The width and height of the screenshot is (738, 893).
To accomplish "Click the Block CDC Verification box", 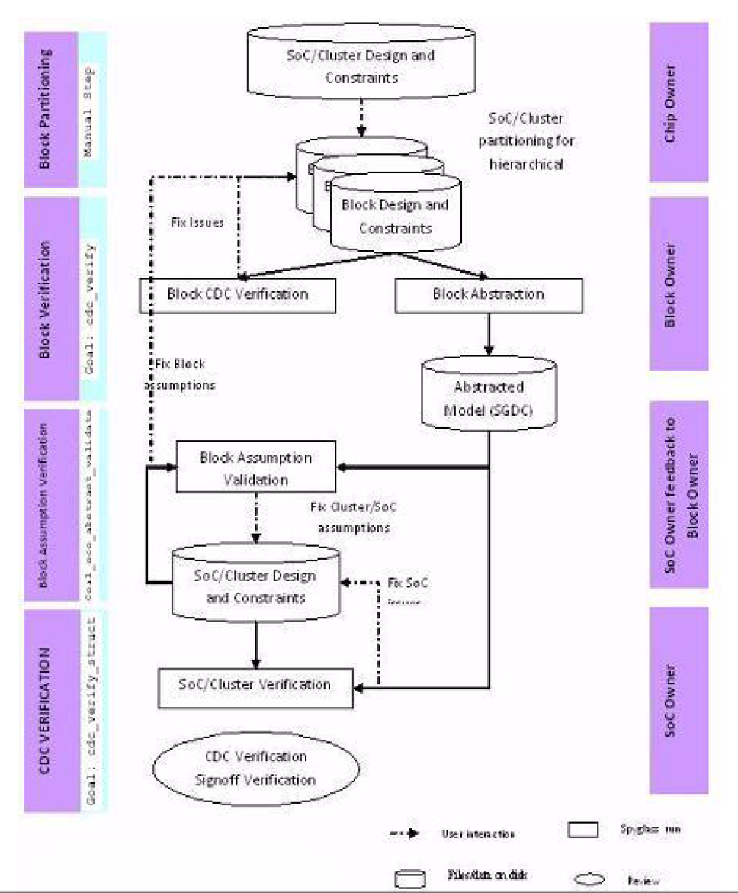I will pos(237,294).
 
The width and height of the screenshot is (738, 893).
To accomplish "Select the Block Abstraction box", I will pos(488,294).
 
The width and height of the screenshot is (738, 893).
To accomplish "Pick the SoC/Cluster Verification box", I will pos(255,685).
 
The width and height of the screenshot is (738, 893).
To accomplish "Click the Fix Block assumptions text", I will pos(179,374).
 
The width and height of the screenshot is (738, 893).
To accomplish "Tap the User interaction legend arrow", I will pos(405,833).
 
